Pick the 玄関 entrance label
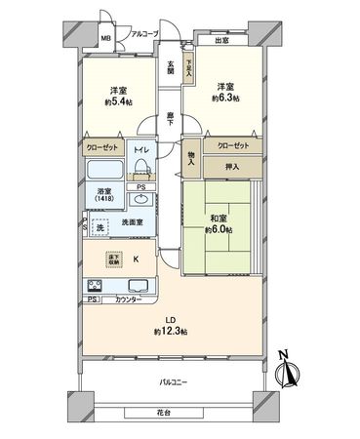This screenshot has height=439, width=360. point(170,69)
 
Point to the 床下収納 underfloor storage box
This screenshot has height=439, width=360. point(115,258)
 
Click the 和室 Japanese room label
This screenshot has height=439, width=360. point(220,220)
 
